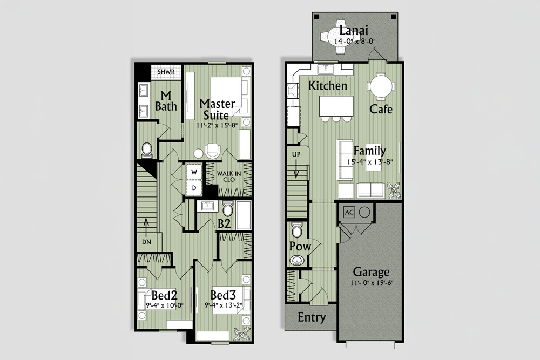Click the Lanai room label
(354, 30)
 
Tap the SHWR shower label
(166, 72)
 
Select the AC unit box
(349, 212)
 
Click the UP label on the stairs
(296, 154)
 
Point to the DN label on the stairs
(147, 242)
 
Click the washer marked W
(194, 172)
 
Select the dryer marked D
(194, 188)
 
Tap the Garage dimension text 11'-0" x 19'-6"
(372, 283)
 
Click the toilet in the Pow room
(296, 229)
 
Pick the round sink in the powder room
(296, 260)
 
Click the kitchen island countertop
(336, 106)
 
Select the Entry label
(312, 317)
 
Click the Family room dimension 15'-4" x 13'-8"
(370, 161)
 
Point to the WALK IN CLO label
(228, 176)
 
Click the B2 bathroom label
(224, 224)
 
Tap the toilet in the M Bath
(147, 150)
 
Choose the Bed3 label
(223, 295)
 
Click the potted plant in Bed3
(242, 333)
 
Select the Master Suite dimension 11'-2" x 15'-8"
(217, 125)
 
